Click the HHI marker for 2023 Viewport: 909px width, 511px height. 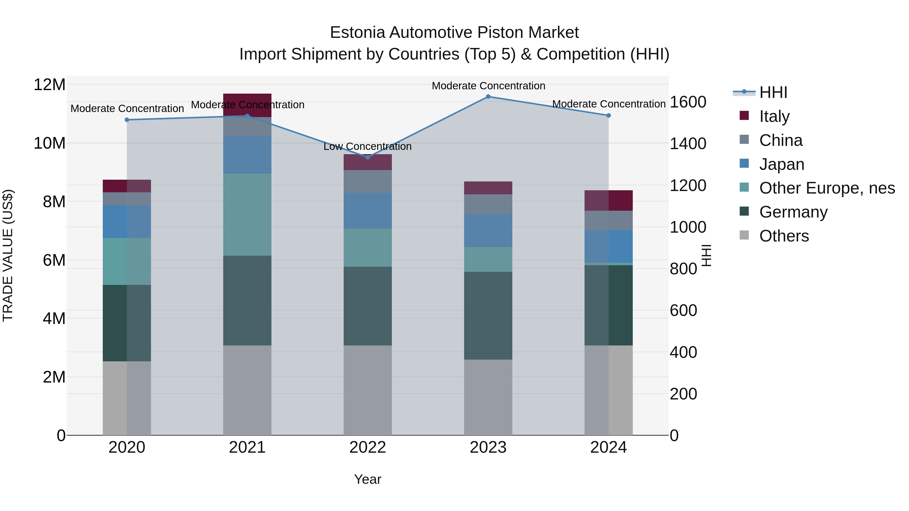coord(488,97)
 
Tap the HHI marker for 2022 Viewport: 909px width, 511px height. coord(368,157)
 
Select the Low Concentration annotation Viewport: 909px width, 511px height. coord(367,146)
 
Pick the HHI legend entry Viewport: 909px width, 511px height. coord(773,92)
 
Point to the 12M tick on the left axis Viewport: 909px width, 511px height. coord(49,85)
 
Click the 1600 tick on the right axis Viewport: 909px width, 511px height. coord(688,102)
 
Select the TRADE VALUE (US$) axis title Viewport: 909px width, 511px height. coord(8,255)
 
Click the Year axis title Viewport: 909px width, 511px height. coord(367,479)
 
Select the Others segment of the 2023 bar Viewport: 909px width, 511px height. coord(488,397)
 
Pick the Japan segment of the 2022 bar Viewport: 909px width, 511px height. coord(368,211)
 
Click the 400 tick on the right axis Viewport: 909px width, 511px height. coord(683,352)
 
